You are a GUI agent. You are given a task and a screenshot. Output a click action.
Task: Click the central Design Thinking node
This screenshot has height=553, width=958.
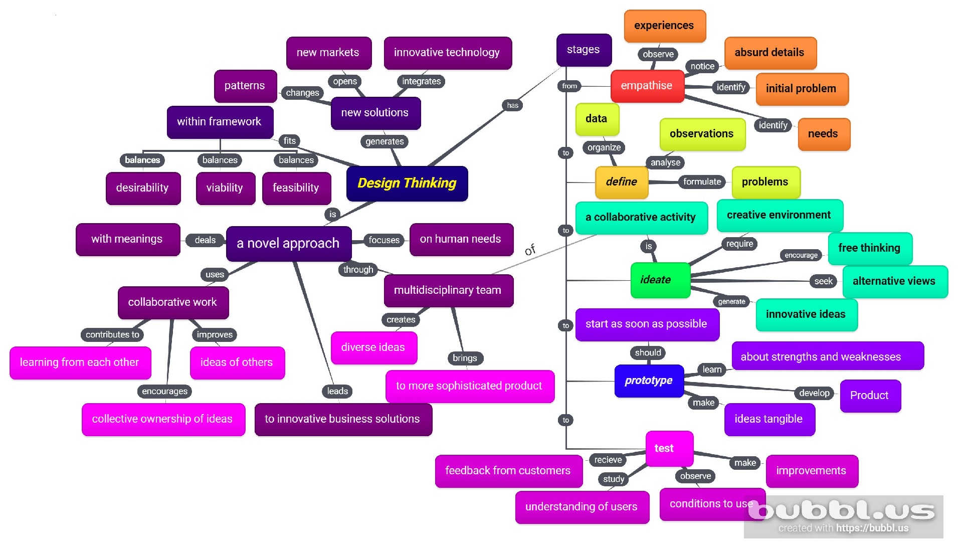point(407,183)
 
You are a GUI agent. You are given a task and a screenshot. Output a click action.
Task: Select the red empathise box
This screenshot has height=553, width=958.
point(647,86)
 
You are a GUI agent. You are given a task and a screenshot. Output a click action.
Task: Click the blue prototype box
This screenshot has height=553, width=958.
point(648,381)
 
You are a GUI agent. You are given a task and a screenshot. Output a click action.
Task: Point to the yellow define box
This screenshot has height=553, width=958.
point(621,182)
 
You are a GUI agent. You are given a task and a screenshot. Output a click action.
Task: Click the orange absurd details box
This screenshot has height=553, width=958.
point(770,53)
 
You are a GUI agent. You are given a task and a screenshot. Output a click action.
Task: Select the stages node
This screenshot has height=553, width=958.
point(584,50)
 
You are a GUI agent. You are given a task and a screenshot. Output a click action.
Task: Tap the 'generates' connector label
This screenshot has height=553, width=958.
point(385,141)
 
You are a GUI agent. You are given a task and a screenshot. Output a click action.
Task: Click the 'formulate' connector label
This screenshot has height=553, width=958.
point(702,181)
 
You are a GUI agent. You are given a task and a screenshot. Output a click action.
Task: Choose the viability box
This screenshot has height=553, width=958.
point(225,188)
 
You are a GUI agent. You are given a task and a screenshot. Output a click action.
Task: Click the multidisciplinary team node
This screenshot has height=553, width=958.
point(448,290)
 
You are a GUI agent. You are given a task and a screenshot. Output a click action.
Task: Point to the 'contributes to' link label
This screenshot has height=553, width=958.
point(112,334)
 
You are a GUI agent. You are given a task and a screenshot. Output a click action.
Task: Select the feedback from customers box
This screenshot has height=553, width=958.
point(508,471)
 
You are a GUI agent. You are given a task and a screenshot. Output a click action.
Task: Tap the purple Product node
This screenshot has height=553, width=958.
point(869,396)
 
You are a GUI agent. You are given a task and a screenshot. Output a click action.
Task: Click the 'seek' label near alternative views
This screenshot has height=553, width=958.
point(823,281)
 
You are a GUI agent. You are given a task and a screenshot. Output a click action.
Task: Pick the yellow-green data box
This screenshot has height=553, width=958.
point(597,119)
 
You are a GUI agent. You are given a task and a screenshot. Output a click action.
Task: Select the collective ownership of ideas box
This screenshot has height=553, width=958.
point(162,419)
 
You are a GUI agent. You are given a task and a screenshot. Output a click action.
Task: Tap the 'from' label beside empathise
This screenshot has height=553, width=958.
point(569,86)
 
